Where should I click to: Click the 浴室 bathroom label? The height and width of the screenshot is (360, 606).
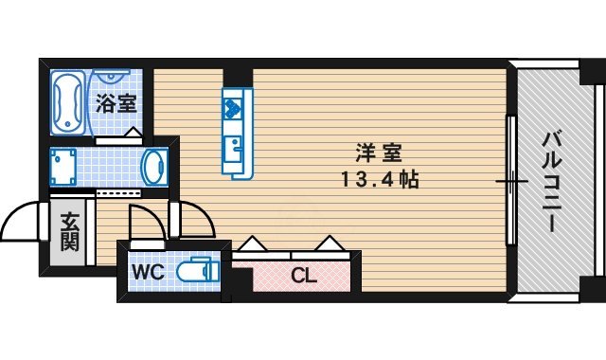(115, 103)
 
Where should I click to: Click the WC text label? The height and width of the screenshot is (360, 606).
(148, 273)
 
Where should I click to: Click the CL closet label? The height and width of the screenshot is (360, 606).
(303, 277)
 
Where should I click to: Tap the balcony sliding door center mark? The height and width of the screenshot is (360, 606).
(511, 180)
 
